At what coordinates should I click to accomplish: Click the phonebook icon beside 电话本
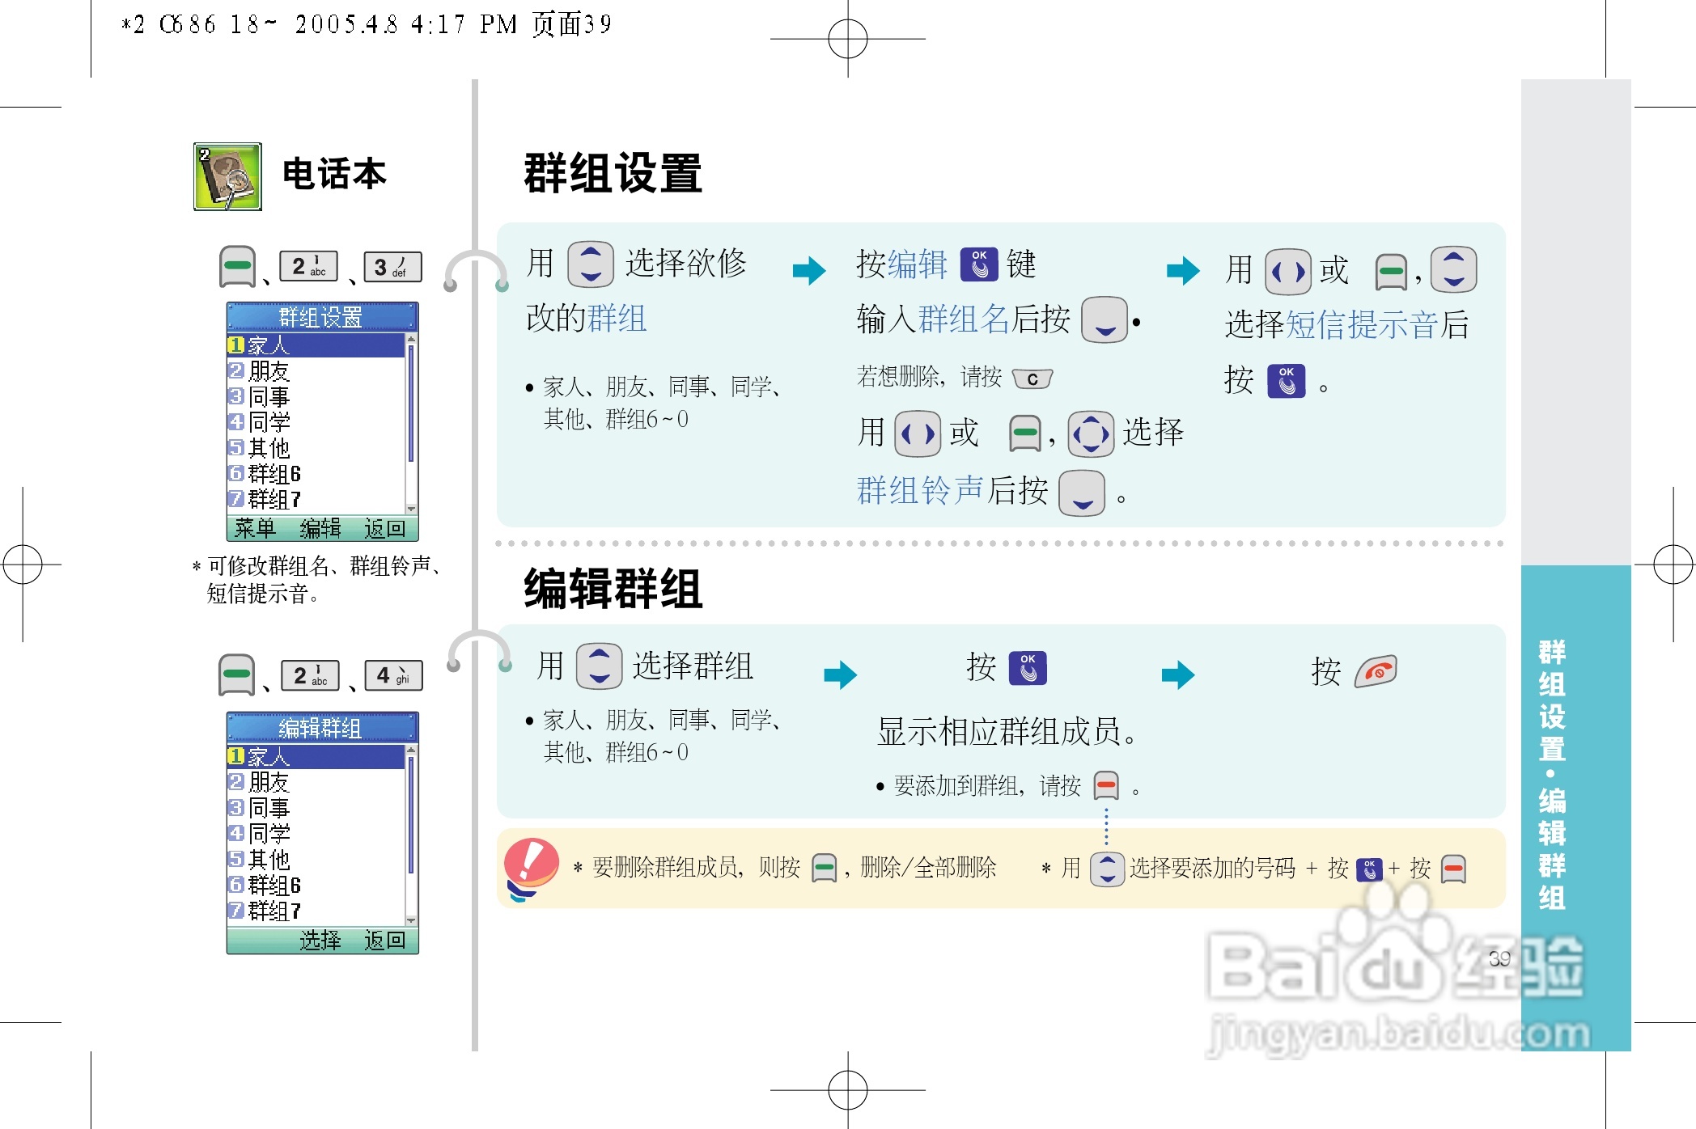[x=227, y=176]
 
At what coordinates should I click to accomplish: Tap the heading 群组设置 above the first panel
[x=613, y=174]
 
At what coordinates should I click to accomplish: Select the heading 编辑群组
[x=613, y=589]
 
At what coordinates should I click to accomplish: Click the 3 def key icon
[x=392, y=267]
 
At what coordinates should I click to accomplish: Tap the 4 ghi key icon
[x=394, y=675]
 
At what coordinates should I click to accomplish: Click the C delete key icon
[x=1032, y=378]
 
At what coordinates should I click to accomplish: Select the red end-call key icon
[x=1376, y=671]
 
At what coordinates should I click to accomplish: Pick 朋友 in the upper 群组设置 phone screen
[x=269, y=371]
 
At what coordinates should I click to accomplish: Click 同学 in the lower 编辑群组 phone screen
[x=269, y=833]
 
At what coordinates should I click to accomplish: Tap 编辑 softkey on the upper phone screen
[x=320, y=529]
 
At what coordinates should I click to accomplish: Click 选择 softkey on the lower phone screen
[x=320, y=940]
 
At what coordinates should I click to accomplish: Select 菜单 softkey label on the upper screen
[x=255, y=529]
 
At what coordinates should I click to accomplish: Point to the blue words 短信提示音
[x=1361, y=325]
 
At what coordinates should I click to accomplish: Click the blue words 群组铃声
[x=920, y=490]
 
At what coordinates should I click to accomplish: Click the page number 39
[x=1499, y=958]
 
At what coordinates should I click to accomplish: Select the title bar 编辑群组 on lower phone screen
[x=320, y=728]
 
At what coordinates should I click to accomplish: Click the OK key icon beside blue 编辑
[x=979, y=264]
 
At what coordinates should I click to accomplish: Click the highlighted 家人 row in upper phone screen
[x=316, y=345]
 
